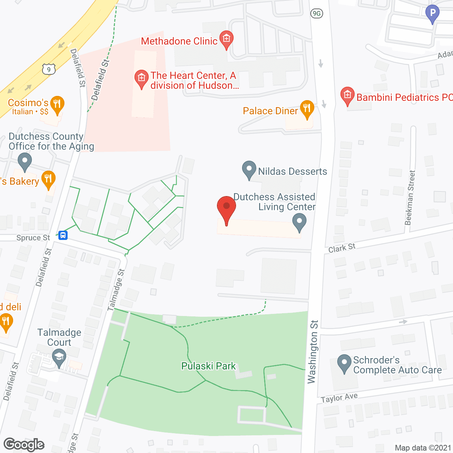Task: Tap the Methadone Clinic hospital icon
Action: [x=226, y=38]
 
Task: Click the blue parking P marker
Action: [x=432, y=13]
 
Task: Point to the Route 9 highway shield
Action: [x=49, y=69]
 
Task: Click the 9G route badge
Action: [x=316, y=13]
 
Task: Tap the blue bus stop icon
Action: [x=63, y=235]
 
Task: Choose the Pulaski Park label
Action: [x=208, y=366]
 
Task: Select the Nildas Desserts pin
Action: [x=249, y=169]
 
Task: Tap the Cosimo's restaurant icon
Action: [x=57, y=104]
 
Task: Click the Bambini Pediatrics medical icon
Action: [x=347, y=95]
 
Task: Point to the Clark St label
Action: [x=342, y=248]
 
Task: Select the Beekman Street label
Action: [x=410, y=198]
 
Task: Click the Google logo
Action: [x=24, y=445]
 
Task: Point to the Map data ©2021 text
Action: [x=423, y=448]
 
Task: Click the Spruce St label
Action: [x=33, y=238]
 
